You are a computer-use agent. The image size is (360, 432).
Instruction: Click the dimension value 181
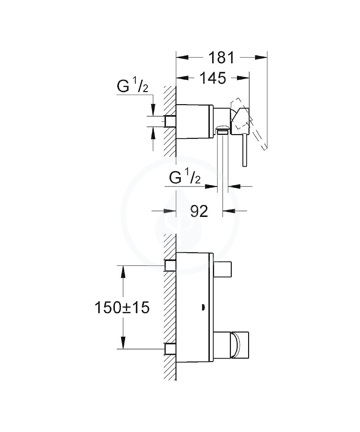pos(221,57)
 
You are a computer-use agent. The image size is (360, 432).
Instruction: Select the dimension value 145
pos(213,78)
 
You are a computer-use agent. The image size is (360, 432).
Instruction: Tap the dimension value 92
pos(199,211)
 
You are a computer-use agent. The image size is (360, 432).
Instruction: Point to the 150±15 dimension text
pos(122,308)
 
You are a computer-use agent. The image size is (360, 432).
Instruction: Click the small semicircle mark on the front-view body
pos(203,306)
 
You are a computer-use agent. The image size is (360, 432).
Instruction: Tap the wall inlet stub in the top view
pos(171,121)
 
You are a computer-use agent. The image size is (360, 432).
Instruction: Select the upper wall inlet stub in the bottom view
pos(171,265)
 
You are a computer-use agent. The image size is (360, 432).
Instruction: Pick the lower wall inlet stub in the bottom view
pos(171,348)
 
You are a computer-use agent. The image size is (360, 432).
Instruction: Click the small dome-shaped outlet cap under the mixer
pos(223,129)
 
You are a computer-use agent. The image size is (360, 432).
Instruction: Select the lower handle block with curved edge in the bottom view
pos(231,346)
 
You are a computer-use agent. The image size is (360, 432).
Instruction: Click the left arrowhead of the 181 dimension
pos(182,57)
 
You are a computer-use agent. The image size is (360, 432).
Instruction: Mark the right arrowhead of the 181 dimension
pos(261,57)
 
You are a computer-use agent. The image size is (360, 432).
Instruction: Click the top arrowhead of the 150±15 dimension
pos(123,272)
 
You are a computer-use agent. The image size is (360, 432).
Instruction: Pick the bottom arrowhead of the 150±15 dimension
pos(123,343)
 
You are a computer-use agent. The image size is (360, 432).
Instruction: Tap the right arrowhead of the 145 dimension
pos(243,78)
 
